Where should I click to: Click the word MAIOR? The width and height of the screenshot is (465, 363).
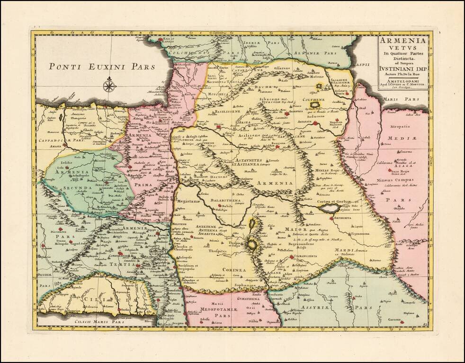coord(295,230)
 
